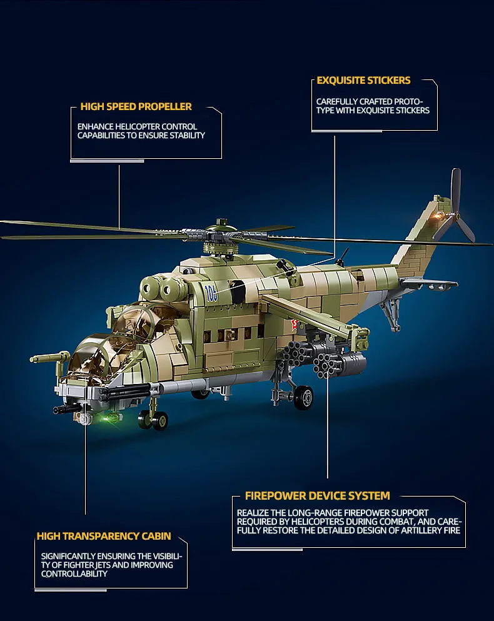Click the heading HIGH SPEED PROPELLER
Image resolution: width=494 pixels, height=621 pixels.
pyautogui.click(x=136, y=106)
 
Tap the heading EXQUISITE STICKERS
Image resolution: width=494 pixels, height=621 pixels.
pyautogui.click(x=364, y=81)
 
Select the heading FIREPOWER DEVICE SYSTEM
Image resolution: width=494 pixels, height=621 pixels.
pyautogui.click(x=317, y=496)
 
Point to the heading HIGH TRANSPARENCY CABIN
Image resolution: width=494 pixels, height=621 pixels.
pyautogui.click(x=104, y=536)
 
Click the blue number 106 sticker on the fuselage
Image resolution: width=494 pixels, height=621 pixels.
pyautogui.click(x=211, y=293)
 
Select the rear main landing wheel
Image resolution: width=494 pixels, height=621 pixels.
pyautogui.click(x=304, y=398)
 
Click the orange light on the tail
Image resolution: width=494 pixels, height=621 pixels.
pyautogui.click(x=438, y=216)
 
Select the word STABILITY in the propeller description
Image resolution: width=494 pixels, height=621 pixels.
pyautogui.click(x=188, y=136)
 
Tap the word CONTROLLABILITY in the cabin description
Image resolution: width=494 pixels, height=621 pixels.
pyautogui.click(x=74, y=574)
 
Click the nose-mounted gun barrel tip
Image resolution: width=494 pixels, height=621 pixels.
pyautogui.click(x=56, y=410)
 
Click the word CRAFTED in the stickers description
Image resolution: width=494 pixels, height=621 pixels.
pyautogui.click(x=376, y=102)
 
